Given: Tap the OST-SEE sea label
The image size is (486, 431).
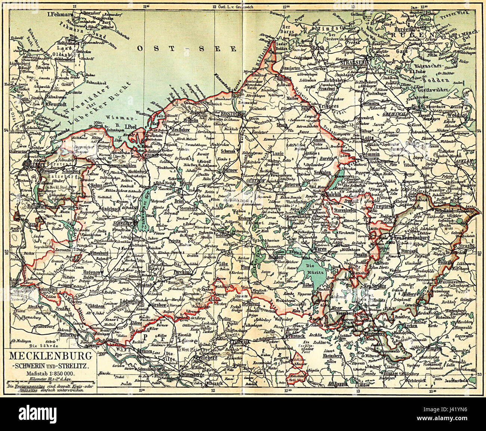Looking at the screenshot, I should [x=187, y=49].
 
